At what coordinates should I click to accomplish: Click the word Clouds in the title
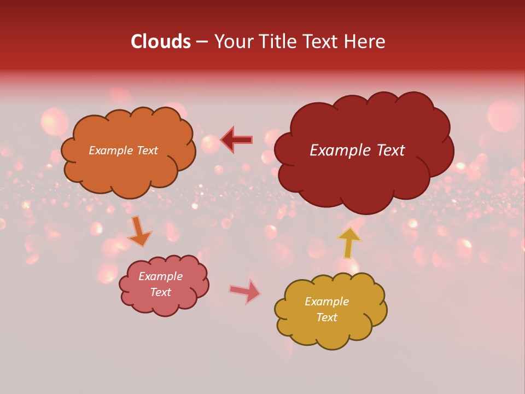click(x=161, y=42)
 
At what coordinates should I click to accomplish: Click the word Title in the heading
click(x=279, y=42)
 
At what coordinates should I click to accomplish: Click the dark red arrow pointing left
click(x=237, y=140)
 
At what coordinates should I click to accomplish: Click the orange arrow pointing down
click(x=140, y=231)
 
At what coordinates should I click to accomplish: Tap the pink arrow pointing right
click(x=245, y=291)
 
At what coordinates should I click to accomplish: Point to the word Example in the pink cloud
click(x=160, y=276)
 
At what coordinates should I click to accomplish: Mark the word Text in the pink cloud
click(x=160, y=292)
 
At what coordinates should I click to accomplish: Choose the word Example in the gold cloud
click(x=326, y=302)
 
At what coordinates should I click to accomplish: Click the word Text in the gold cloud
click(x=326, y=317)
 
